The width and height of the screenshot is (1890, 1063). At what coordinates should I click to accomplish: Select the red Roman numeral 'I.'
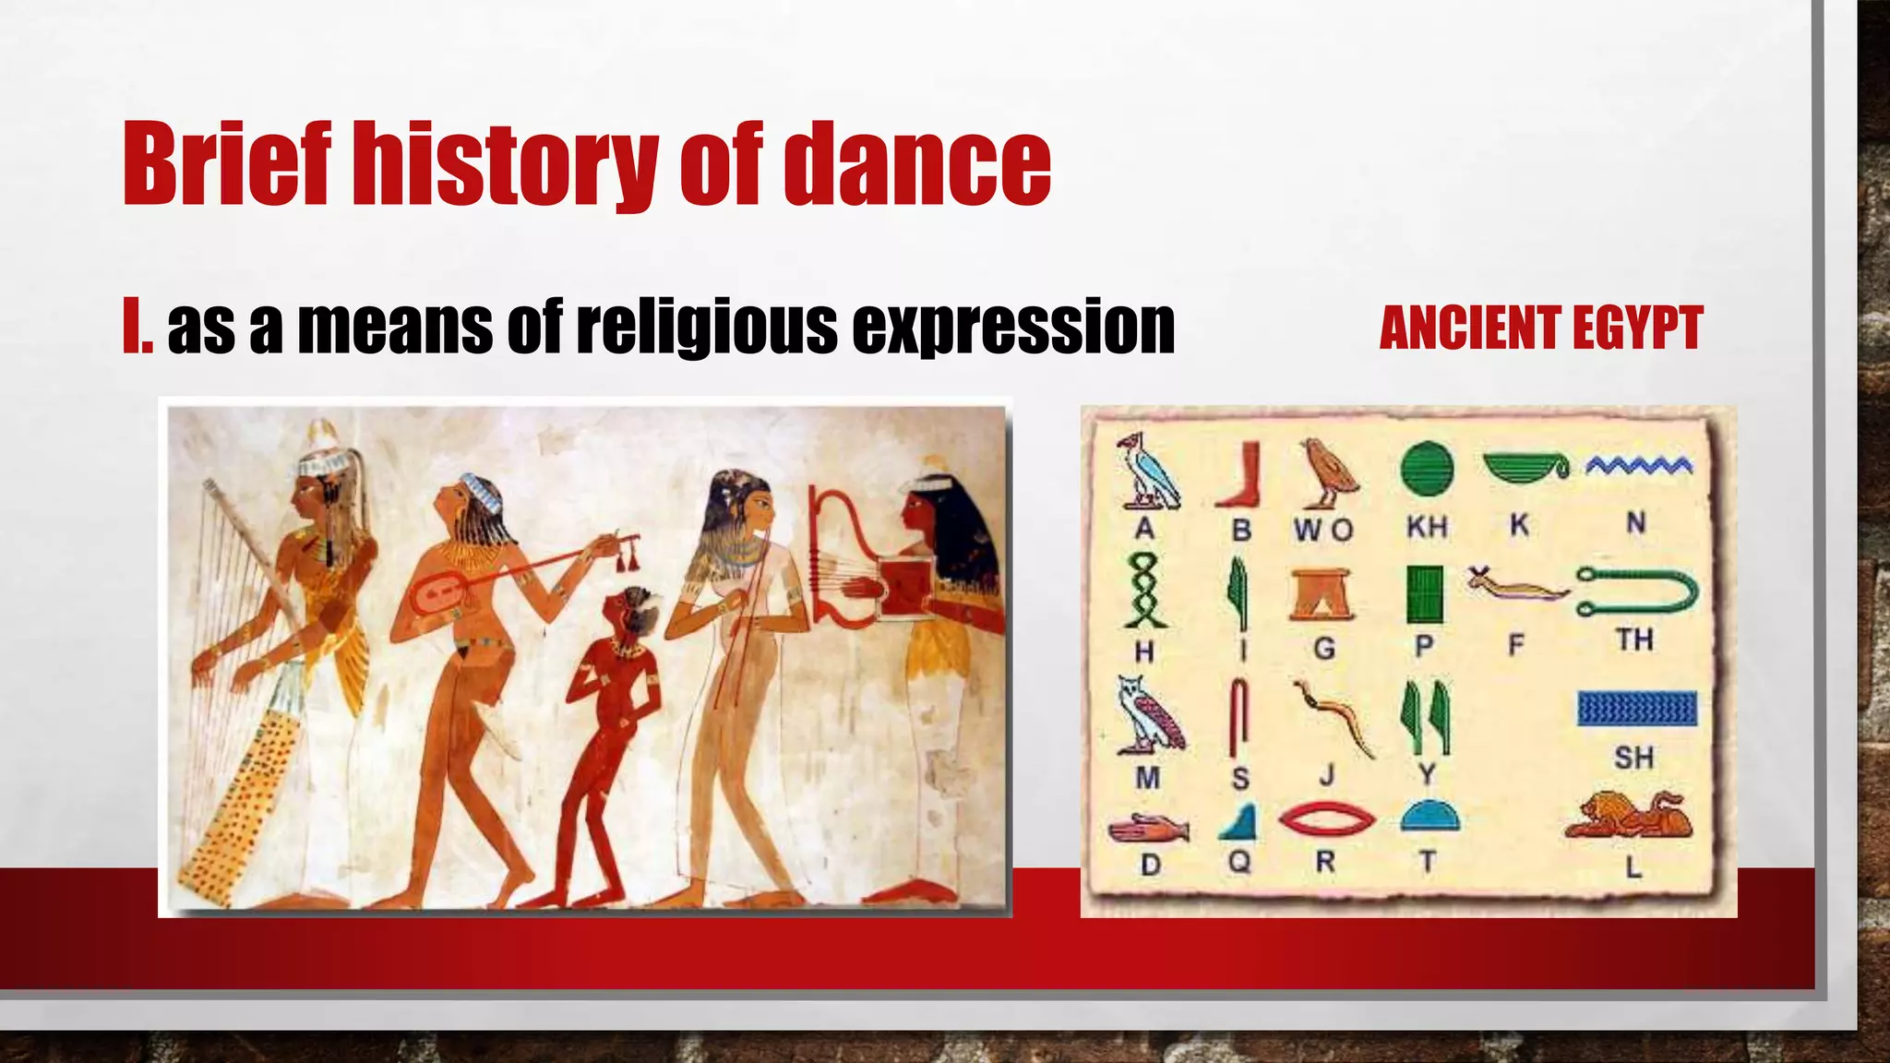click(137, 327)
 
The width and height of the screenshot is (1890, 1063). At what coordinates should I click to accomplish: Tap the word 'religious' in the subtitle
click(706, 327)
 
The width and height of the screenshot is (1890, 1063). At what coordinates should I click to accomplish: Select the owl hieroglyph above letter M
click(1148, 714)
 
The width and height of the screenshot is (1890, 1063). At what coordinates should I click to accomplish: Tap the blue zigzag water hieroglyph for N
click(1639, 465)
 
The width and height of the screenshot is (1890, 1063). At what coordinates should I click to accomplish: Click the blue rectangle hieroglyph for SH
click(1636, 708)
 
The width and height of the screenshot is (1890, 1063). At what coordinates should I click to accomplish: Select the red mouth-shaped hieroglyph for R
click(1327, 818)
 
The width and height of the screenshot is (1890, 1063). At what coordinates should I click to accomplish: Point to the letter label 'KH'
click(1427, 527)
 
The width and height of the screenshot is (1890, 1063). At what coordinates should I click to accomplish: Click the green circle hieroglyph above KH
click(1427, 468)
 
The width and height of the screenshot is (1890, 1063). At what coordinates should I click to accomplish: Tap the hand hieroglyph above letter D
click(1148, 829)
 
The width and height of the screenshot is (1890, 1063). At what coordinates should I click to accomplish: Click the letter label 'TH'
click(1634, 639)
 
